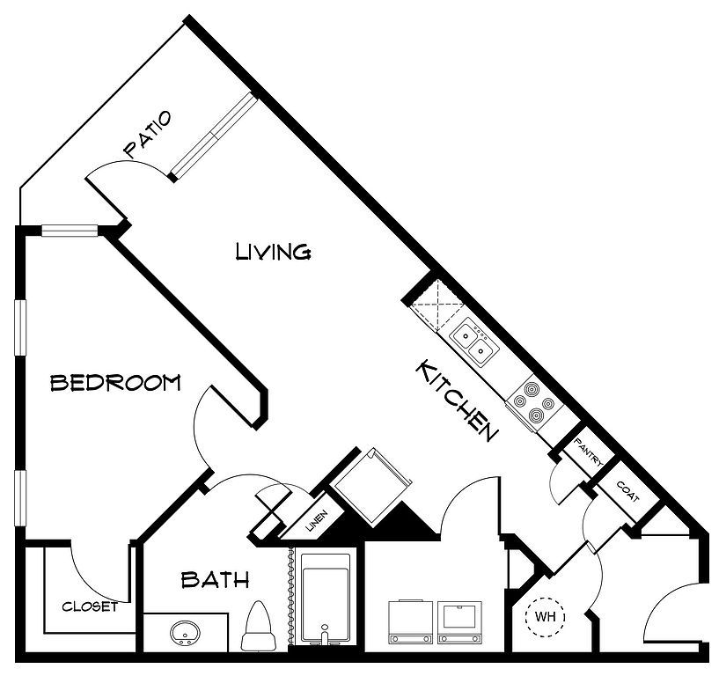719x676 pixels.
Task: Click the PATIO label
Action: [x=148, y=135]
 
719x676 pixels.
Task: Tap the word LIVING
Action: [x=274, y=252]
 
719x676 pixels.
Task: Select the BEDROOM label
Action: [x=115, y=383]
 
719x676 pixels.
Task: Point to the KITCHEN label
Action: [x=457, y=400]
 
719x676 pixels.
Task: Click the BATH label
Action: [x=215, y=580]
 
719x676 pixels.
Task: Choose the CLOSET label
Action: [x=90, y=606]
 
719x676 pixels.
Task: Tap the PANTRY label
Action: [x=589, y=452]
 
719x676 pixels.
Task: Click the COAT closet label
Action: [x=627, y=491]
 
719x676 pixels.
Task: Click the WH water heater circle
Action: [x=545, y=617]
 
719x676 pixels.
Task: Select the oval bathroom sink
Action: [x=187, y=634]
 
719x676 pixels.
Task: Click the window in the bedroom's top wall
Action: [x=70, y=231]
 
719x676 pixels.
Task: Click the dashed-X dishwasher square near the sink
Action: [x=437, y=304]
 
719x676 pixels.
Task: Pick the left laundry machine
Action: [x=410, y=623]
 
